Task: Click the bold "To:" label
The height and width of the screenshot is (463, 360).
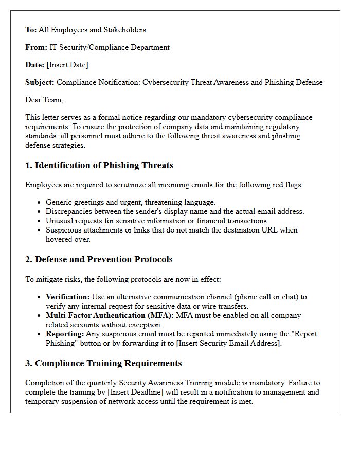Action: pos(31,30)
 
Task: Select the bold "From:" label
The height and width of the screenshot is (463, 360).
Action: pos(36,47)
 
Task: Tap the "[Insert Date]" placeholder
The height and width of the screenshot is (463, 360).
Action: pos(67,65)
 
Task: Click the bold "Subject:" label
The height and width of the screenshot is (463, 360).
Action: pos(40,82)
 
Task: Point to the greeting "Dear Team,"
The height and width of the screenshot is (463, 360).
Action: pos(44,100)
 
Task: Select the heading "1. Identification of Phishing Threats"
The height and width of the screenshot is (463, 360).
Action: pos(99,166)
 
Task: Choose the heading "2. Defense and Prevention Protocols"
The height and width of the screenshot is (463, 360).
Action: pos(99,259)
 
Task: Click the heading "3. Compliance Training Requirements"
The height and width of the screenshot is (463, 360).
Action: pos(103,363)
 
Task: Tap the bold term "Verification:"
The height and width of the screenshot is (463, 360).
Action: pos(67,297)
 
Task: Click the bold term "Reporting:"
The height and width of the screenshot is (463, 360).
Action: pos(64,334)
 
